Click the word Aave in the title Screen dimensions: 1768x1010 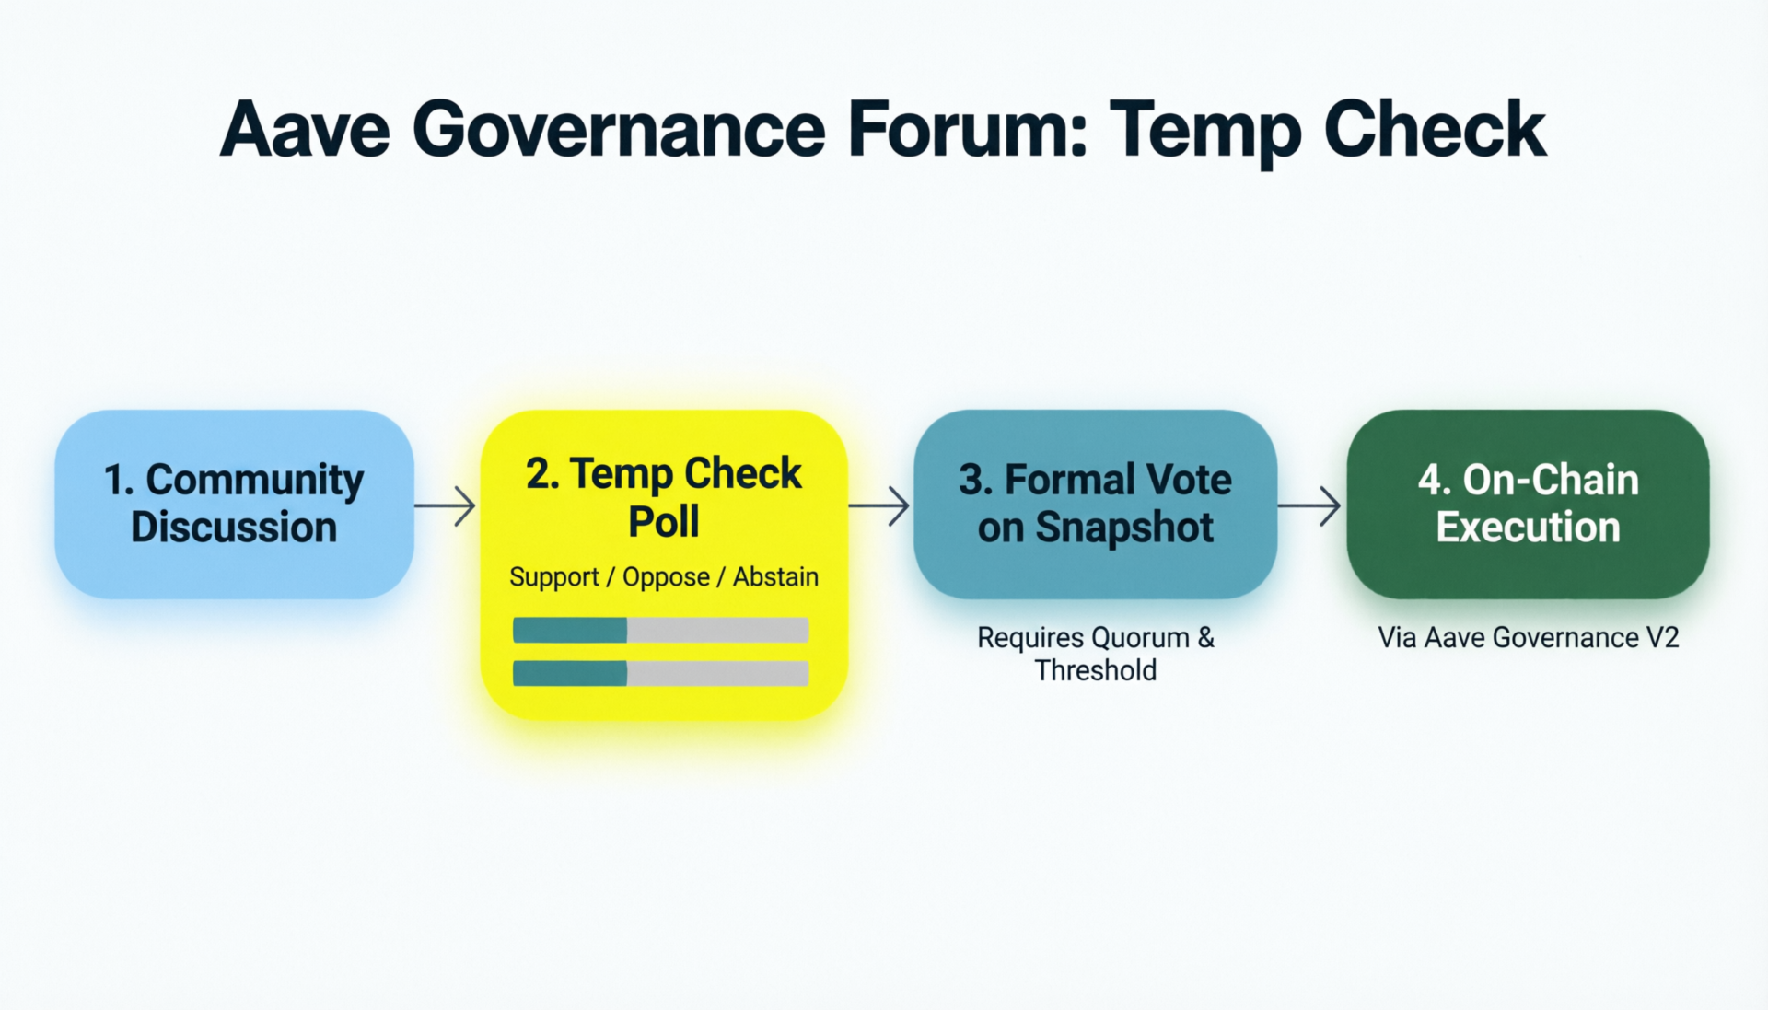point(305,130)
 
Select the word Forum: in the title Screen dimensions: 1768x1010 point(968,130)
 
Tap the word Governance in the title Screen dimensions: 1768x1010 point(619,130)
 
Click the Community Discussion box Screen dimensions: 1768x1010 point(234,505)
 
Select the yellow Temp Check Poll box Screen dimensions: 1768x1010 point(664,564)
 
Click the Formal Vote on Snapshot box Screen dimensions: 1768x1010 point(1095,505)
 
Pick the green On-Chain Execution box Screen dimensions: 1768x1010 point(1528,505)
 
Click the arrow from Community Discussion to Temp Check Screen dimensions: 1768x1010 point(445,505)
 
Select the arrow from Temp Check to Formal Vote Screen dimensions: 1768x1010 point(879,505)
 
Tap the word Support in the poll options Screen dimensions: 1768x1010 point(554,577)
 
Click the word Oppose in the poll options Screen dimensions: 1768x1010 point(666,577)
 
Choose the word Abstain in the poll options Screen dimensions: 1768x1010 point(775,576)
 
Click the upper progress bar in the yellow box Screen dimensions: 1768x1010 point(661,630)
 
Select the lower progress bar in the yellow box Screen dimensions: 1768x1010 point(661,673)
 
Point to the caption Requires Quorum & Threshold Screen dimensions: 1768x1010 point(1096,654)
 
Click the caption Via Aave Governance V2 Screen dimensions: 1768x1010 point(1529,637)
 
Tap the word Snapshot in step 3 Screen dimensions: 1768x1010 point(1124,528)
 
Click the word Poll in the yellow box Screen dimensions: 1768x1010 point(664,521)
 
